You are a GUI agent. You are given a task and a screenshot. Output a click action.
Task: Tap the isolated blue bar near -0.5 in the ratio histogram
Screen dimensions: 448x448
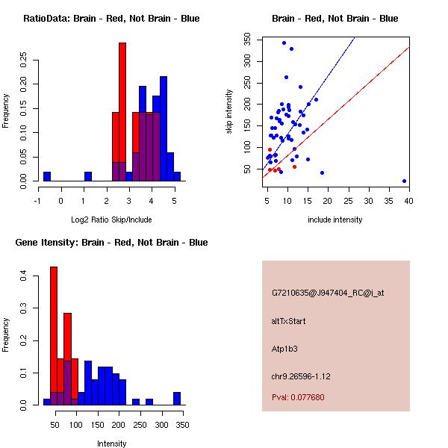[x=47, y=176]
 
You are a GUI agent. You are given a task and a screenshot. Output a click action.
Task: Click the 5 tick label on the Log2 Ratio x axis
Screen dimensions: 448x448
[x=174, y=201]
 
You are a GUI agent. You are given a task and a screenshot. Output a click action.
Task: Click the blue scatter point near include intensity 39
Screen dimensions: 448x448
[x=404, y=181]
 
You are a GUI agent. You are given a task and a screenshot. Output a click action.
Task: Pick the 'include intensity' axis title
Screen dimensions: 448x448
[x=335, y=220]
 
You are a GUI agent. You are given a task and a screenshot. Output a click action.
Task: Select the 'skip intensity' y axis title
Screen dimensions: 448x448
[x=229, y=112]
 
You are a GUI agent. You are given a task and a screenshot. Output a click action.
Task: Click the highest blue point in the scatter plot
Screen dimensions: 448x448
[x=284, y=43]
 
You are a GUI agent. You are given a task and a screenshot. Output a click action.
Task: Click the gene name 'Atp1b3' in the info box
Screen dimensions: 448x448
[x=284, y=349]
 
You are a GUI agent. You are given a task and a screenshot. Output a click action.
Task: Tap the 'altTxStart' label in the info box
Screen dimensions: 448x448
[x=289, y=321]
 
